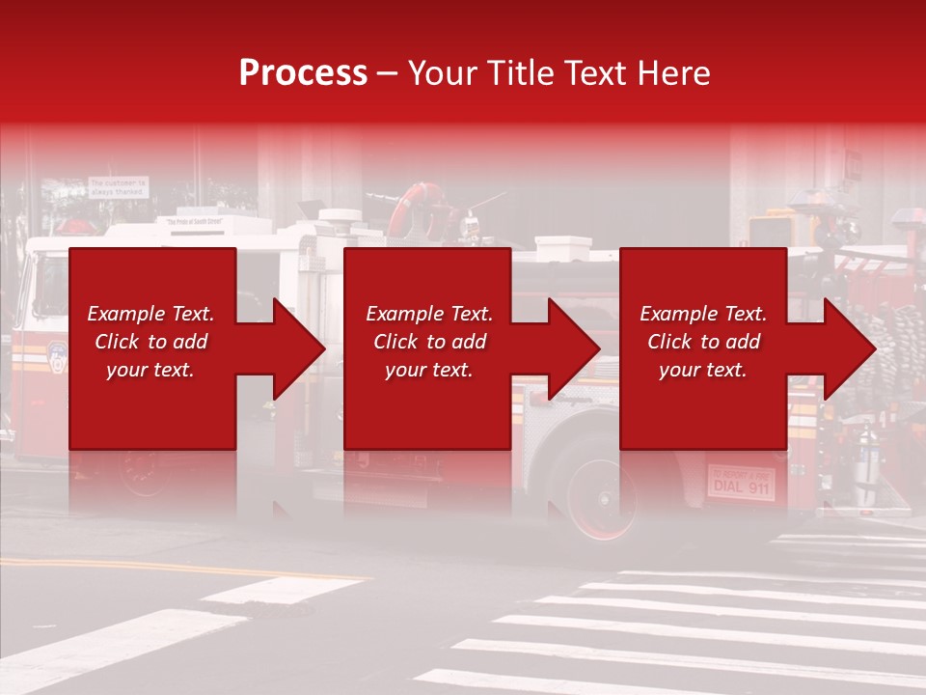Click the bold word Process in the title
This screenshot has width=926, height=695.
click(x=303, y=73)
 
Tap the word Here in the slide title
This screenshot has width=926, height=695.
click(x=672, y=73)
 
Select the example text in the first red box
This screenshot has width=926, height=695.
click(x=150, y=342)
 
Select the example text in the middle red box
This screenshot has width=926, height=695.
click(x=428, y=342)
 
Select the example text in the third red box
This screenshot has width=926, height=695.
click(x=702, y=342)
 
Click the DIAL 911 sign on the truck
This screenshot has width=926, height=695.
click(x=741, y=482)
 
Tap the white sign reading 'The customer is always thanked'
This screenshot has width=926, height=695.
click(x=119, y=186)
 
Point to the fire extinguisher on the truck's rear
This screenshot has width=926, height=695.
click(x=867, y=462)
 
